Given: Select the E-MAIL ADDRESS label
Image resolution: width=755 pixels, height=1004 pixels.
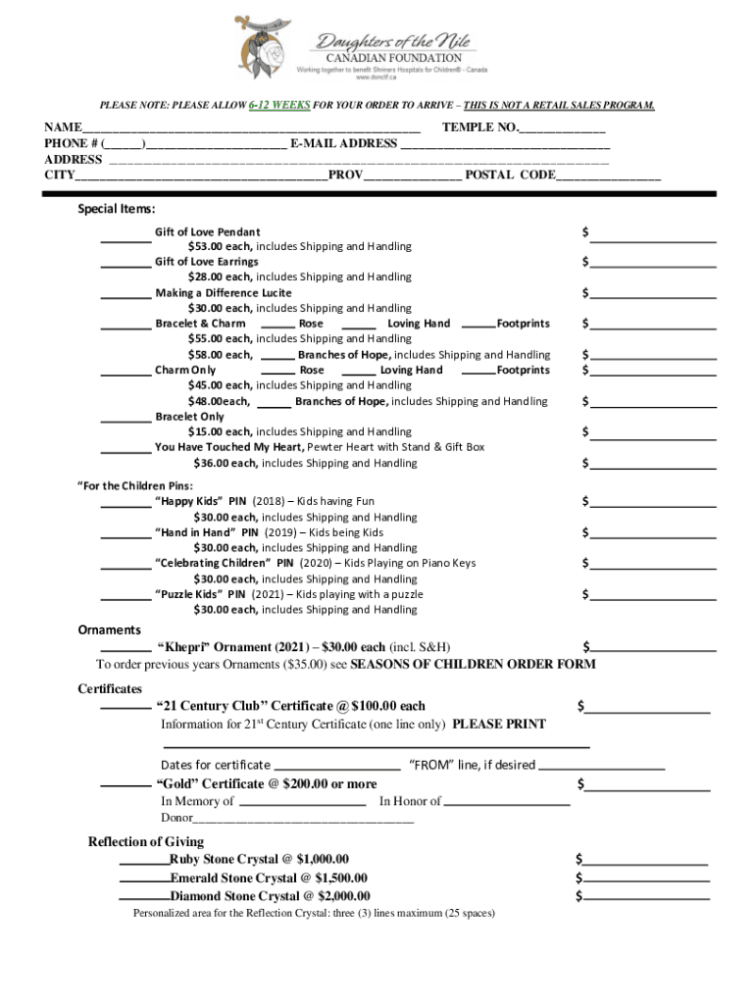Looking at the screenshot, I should [343, 143].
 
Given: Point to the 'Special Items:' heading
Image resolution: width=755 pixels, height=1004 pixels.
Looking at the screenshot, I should [117, 209].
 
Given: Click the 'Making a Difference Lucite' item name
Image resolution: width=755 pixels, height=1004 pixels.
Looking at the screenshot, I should [223, 293].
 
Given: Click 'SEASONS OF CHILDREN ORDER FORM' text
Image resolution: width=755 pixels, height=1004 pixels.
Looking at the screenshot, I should [473, 664].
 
